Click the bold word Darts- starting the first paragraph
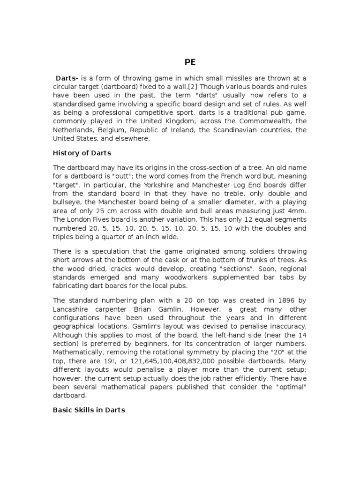[x=68, y=78]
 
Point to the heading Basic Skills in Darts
[x=89, y=410]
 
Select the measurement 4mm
[x=296, y=210]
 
